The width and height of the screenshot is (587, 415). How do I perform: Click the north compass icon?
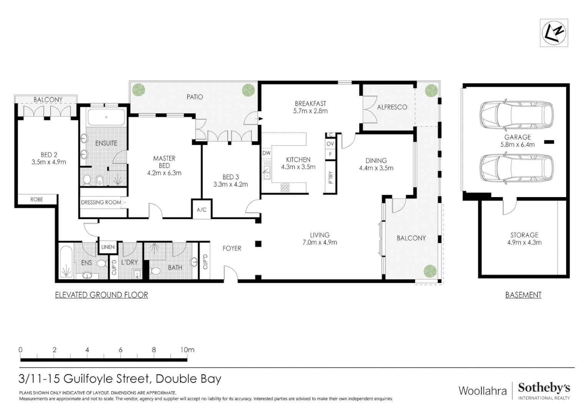[x=554, y=33]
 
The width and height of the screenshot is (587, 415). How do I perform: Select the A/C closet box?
[x=202, y=209]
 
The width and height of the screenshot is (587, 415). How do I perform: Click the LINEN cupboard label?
[x=108, y=247]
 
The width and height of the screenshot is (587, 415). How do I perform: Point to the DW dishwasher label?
[x=266, y=153]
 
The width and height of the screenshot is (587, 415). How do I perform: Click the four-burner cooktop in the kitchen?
[x=285, y=188]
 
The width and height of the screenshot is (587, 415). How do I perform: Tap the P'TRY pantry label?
[x=330, y=177]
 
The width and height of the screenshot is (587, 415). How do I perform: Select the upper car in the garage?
[x=516, y=116]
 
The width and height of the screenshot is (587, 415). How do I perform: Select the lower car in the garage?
[x=516, y=168]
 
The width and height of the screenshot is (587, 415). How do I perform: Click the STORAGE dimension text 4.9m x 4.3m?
[x=524, y=242]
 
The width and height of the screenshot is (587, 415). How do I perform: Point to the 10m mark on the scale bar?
[x=187, y=350]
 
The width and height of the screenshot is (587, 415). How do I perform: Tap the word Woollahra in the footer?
[x=483, y=391]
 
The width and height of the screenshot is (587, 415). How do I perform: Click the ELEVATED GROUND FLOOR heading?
[x=101, y=295]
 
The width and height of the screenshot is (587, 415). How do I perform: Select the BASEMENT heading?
[x=523, y=295]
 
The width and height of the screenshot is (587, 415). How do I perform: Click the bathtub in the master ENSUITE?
[x=106, y=118]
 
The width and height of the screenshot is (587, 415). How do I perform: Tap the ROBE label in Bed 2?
[x=37, y=199]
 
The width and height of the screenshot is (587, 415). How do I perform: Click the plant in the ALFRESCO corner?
[x=431, y=91]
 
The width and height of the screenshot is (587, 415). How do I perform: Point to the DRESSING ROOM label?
[x=101, y=202]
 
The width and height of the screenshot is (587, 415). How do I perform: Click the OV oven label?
[x=330, y=144]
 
